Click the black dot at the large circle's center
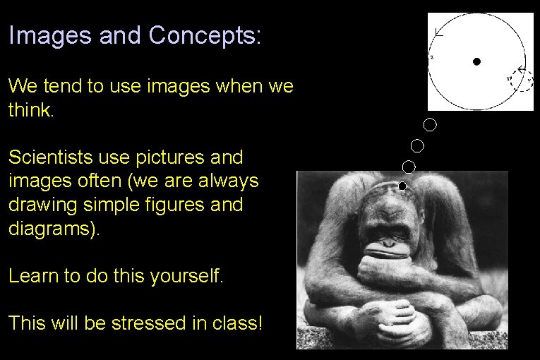(476, 61)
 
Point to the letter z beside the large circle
(432, 56)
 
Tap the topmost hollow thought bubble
(430, 125)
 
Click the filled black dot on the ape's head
(402, 186)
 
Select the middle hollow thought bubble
(417, 146)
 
